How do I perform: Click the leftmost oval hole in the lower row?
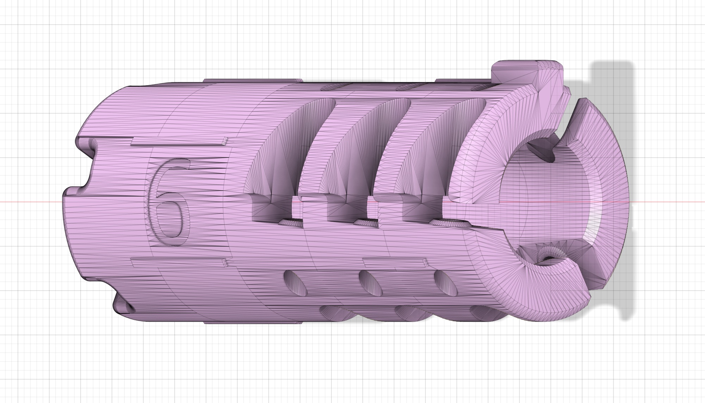pyautogui.click(x=296, y=282)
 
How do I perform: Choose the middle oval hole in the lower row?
pyautogui.click(x=371, y=282)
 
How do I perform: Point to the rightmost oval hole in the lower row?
pyautogui.click(x=446, y=282)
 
